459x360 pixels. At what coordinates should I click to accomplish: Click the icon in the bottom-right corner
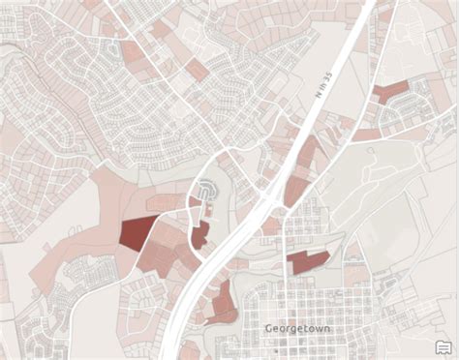444,346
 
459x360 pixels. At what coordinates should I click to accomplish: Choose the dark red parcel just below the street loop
199,235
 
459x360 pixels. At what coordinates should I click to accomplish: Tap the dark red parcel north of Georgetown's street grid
307,260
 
